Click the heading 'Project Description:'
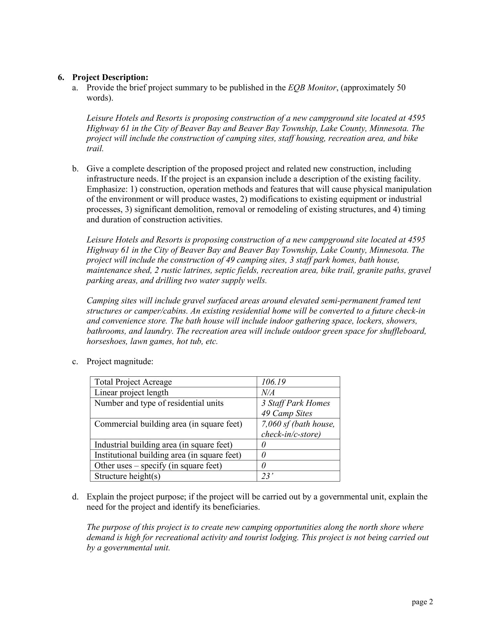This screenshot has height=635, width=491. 110,77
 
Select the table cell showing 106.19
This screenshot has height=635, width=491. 273,382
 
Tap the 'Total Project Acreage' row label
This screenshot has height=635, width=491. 133,382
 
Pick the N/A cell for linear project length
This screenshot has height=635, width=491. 268,393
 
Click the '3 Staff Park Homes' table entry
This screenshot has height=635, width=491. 295,403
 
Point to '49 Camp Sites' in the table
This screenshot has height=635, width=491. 287,413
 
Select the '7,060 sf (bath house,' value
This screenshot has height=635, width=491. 298,424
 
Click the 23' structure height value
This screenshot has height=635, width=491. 267,476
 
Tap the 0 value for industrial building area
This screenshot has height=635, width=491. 263,445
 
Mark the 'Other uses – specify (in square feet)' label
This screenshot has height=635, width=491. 158,466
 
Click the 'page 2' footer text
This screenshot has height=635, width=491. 422,602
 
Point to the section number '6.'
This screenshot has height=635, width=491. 61,77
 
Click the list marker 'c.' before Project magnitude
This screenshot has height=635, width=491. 75,361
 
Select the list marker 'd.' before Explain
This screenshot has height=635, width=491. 75,497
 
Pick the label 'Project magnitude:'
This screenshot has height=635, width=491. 120,361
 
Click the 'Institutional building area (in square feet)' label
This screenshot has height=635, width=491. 168,455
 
